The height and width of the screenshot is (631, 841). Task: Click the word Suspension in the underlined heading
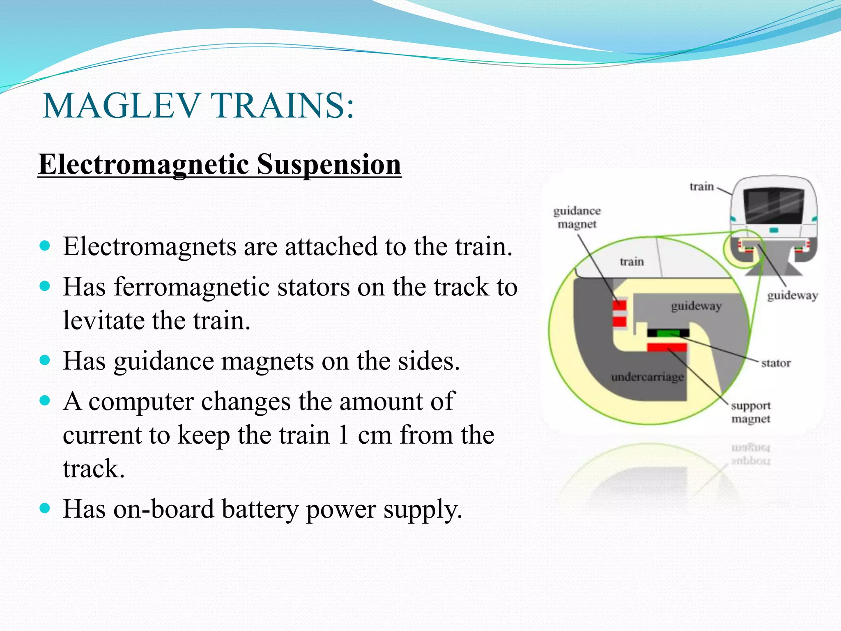(x=329, y=164)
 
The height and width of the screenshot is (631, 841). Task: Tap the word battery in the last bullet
(x=260, y=509)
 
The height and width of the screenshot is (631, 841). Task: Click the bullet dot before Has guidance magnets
(x=45, y=360)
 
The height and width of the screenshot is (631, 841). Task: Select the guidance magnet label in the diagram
(x=577, y=217)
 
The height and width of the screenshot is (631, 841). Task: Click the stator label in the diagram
(x=775, y=363)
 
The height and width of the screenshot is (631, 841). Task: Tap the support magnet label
(x=751, y=412)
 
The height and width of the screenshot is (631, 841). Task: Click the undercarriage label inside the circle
(x=647, y=377)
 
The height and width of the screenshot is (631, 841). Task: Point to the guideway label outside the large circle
(x=792, y=295)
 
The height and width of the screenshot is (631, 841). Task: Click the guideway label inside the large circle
(x=696, y=306)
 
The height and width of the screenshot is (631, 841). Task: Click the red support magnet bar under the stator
(x=667, y=348)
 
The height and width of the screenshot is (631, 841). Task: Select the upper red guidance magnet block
(x=620, y=305)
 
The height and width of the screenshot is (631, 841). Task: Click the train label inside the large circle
(x=632, y=262)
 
